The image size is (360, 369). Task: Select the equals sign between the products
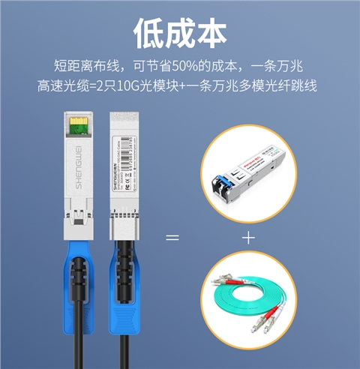point(172,238)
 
